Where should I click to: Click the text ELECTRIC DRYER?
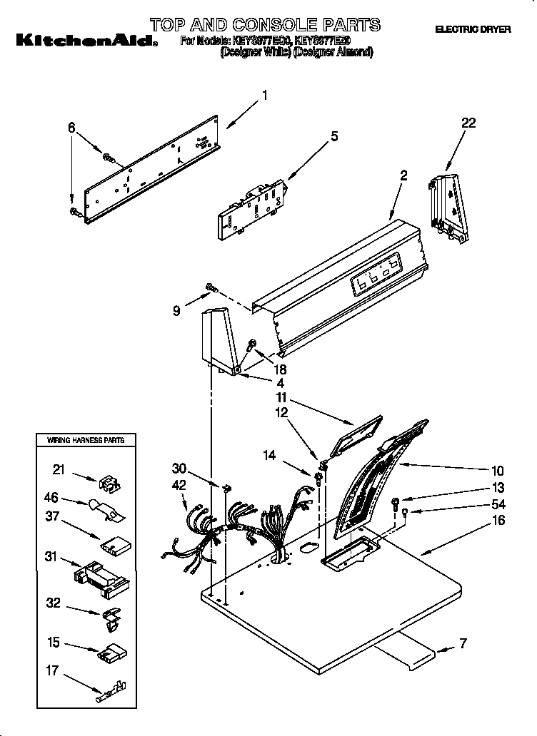point(473,30)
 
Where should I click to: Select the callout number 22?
point(468,123)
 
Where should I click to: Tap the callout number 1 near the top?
point(264,94)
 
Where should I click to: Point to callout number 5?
point(333,136)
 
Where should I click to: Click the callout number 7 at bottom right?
point(462,644)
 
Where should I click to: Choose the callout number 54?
point(498,504)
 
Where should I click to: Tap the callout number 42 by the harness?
point(179,484)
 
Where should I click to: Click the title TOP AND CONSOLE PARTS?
point(266,25)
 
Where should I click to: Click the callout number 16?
point(498,521)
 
